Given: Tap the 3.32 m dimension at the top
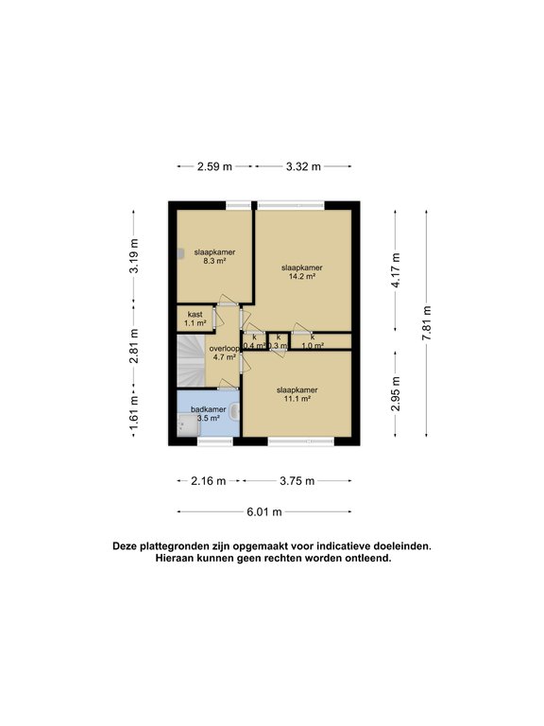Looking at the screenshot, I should (304, 166).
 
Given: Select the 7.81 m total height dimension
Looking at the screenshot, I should (427, 322).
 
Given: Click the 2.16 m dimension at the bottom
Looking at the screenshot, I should (208, 481).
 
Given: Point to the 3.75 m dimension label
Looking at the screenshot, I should (297, 481).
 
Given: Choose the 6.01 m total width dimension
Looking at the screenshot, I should (264, 512).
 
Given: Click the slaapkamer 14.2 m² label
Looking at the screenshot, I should (302, 271).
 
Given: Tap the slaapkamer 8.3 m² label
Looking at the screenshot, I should (214, 256).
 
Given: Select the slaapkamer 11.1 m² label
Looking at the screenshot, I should (297, 394).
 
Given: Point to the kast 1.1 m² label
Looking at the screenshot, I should (195, 319).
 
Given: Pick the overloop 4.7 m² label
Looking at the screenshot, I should (224, 353).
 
